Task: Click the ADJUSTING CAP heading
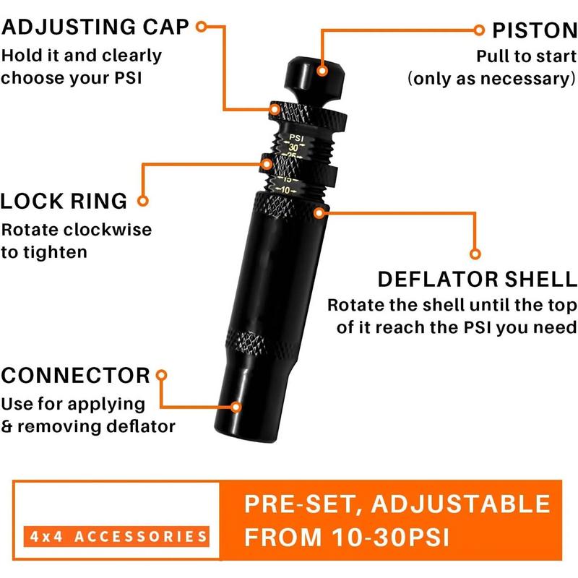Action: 95,27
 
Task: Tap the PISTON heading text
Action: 535,30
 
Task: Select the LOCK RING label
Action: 64,201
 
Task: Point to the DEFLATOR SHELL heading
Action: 478,279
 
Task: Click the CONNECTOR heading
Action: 75,376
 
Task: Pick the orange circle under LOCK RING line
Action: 142,201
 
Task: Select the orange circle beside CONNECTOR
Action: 162,376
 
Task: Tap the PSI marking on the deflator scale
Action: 296,137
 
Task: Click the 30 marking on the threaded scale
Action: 292,147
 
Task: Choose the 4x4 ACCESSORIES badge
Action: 115,536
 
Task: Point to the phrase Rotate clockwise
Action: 77,230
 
